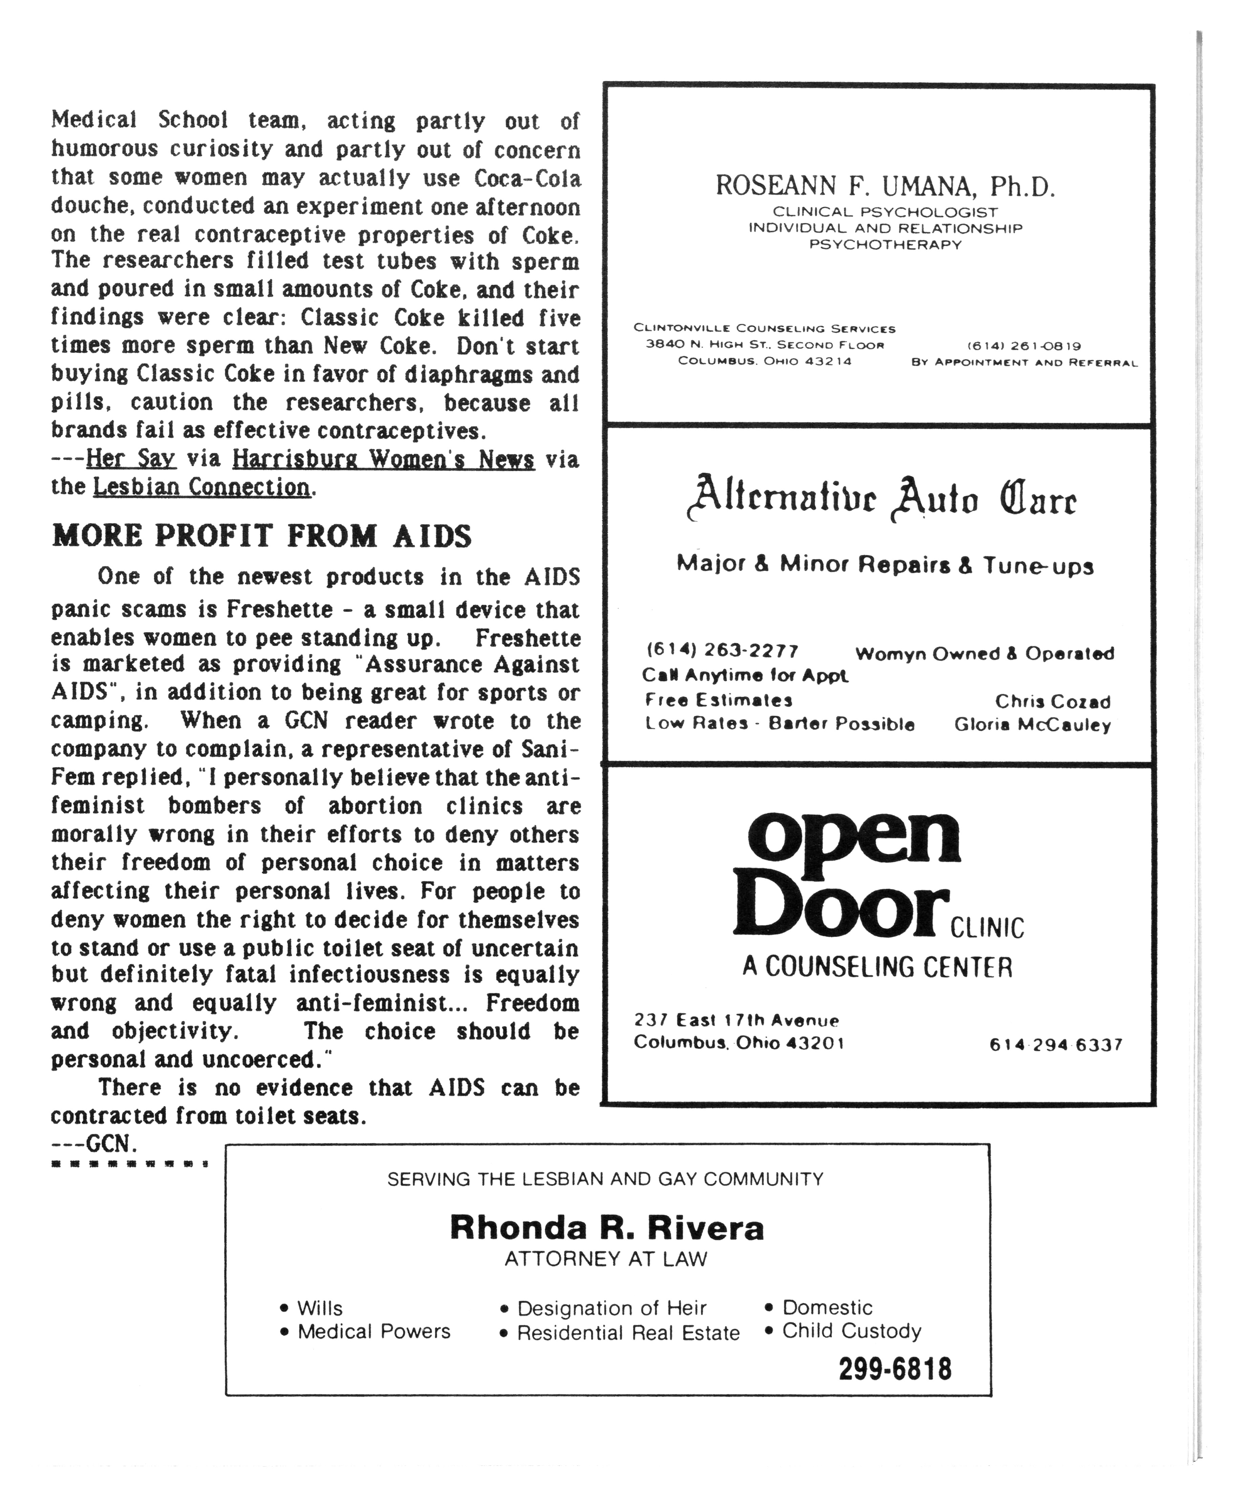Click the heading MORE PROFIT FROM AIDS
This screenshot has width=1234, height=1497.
click(x=261, y=536)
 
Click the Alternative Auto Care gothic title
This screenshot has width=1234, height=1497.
click(x=881, y=499)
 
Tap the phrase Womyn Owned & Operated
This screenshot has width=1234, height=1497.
click(x=984, y=653)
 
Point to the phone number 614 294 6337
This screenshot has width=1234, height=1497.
click(x=1056, y=1045)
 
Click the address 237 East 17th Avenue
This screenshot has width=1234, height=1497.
click(x=737, y=1020)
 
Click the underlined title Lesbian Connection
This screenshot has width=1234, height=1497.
click(x=202, y=487)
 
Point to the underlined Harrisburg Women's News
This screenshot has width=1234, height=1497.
click(x=383, y=459)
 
